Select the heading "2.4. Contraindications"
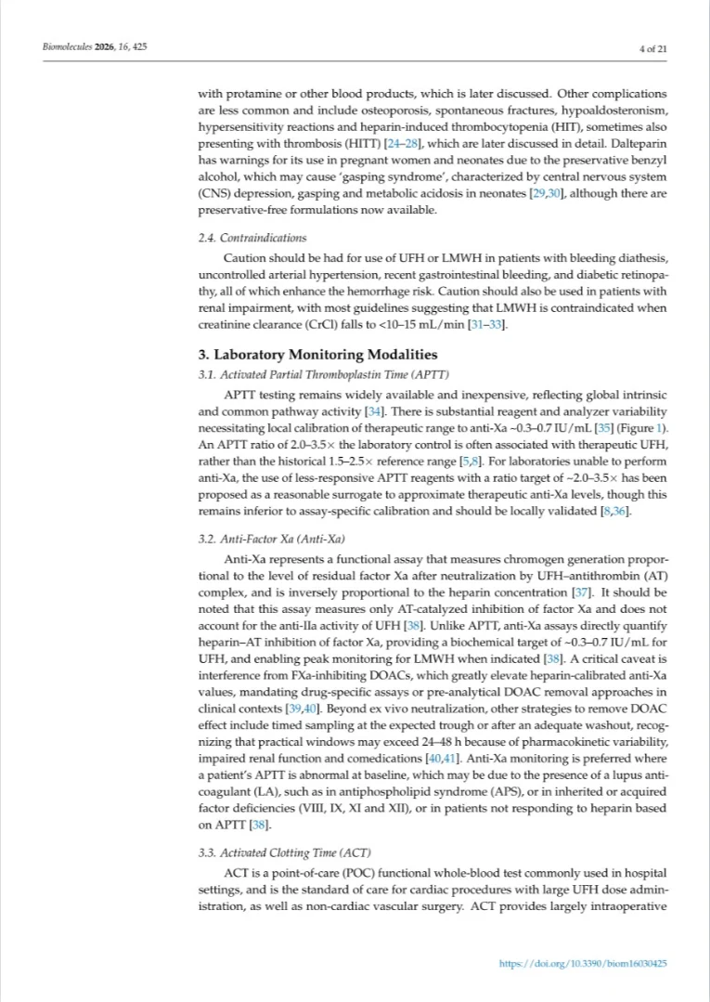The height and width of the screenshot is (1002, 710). tap(252, 238)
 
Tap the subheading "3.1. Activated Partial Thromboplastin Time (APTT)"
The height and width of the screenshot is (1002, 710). tap(324, 374)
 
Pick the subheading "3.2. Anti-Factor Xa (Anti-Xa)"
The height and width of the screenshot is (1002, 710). tap(269, 538)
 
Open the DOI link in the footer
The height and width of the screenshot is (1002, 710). tap(583, 963)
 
